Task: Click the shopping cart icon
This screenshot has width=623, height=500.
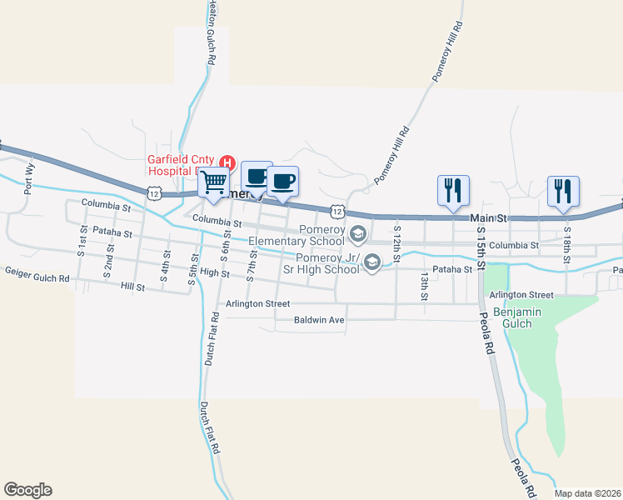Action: tap(214, 180)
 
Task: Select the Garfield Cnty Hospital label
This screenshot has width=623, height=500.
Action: tap(179, 165)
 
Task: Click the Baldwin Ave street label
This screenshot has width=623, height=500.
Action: tap(320, 319)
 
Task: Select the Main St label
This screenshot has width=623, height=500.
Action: tap(490, 217)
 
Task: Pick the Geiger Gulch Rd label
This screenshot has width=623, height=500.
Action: tap(37, 271)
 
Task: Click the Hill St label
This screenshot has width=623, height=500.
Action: tap(132, 286)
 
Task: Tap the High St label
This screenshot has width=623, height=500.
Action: tap(214, 272)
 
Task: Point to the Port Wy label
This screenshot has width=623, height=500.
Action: tap(29, 178)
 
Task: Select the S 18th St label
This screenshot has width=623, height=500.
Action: tap(567, 240)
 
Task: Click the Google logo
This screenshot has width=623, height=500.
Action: tap(27, 490)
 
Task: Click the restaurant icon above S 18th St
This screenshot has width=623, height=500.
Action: tap(562, 190)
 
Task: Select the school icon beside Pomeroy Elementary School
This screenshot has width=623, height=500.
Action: tap(358, 233)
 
